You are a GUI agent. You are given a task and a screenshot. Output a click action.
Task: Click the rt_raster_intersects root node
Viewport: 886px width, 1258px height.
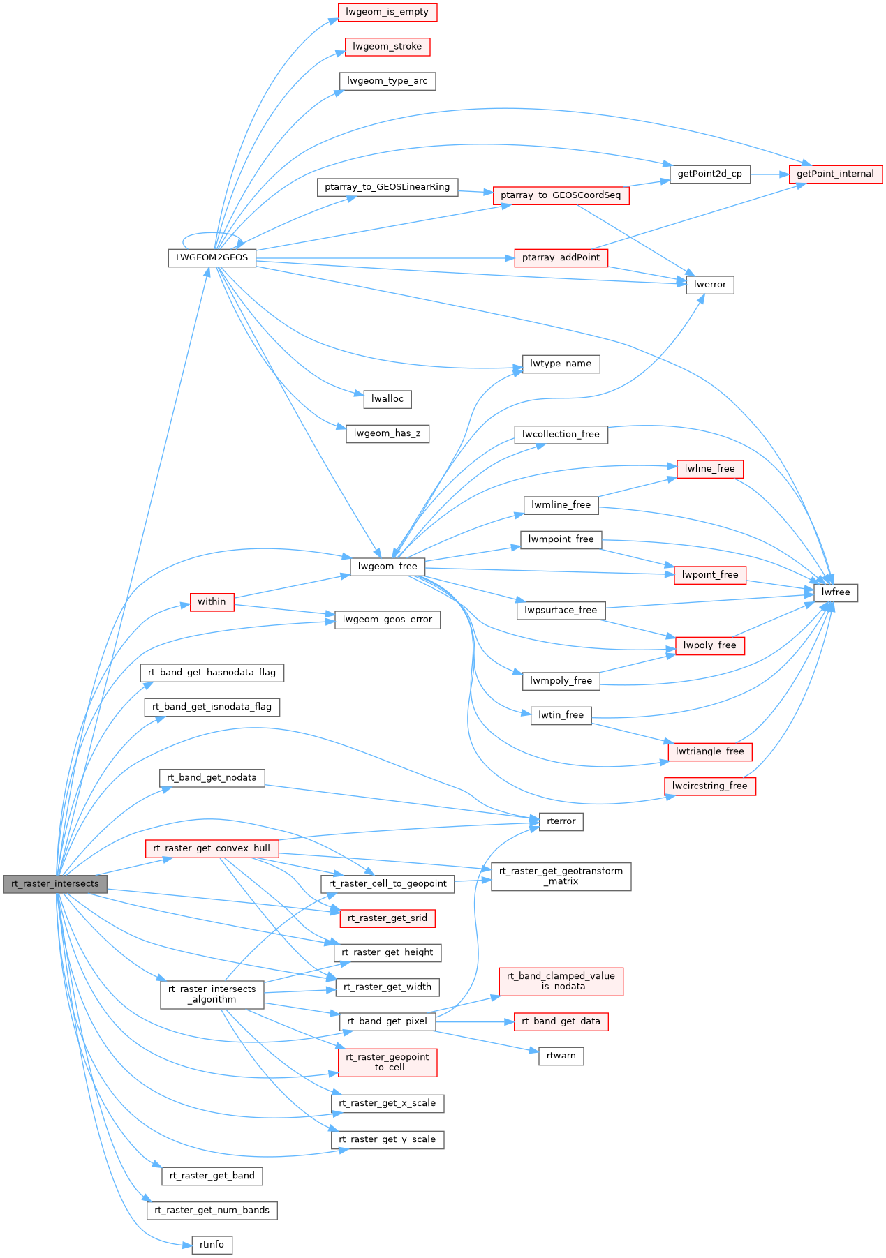click(55, 883)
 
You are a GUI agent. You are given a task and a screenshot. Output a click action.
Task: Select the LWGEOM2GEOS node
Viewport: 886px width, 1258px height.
click(212, 257)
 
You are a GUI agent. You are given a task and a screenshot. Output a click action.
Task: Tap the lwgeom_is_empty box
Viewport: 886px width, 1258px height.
click(387, 12)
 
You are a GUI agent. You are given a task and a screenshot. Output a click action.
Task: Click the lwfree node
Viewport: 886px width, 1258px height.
click(836, 592)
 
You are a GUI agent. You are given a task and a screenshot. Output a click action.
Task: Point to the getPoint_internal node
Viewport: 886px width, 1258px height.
click(835, 174)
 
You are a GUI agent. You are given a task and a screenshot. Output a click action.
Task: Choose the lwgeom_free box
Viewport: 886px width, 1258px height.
click(387, 566)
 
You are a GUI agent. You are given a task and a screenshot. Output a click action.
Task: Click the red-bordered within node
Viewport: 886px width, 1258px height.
click(212, 601)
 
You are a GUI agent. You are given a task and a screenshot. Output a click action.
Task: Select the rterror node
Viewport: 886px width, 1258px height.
click(561, 821)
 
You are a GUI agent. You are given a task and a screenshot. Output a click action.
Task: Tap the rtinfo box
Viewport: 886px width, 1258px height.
click(212, 1245)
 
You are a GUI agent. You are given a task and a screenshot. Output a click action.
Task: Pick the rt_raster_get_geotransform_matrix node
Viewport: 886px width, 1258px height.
click(561, 876)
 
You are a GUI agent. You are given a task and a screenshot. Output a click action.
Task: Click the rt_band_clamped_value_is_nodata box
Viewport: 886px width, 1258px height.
click(561, 981)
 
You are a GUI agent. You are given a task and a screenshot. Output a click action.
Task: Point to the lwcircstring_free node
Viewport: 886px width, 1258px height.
click(709, 786)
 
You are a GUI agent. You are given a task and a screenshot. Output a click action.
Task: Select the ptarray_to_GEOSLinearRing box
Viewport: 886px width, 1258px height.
click(387, 187)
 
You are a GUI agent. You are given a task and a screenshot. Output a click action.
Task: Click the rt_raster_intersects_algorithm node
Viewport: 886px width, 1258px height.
click(212, 994)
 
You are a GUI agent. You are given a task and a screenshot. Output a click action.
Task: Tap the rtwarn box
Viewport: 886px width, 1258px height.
click(561, 1056)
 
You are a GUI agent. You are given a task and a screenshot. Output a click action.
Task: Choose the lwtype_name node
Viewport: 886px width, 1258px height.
click(561, 364)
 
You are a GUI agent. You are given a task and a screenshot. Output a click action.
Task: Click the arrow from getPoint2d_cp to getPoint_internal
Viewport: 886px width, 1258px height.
click(769, 174)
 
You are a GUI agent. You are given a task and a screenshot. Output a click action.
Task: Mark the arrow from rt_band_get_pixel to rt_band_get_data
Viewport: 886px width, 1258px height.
click(475, 1021)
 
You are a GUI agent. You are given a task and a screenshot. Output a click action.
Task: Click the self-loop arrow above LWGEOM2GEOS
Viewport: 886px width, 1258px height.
click(212, 234)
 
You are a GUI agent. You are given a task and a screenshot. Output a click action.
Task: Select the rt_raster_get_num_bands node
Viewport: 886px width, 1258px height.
click(212, 1210)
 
